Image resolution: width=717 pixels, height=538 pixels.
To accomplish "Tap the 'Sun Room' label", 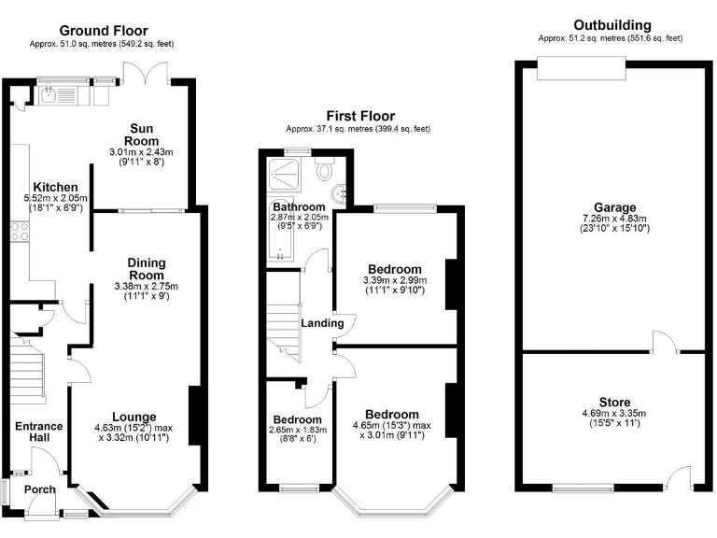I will tap(142, 134).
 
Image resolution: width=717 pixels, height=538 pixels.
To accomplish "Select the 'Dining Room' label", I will tap(146, 269).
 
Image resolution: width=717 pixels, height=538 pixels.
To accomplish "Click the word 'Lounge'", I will tap(134, 417).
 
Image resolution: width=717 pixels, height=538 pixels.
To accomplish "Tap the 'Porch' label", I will tap(40, 489).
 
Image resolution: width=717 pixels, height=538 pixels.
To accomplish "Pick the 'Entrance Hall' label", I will tap(38, 432).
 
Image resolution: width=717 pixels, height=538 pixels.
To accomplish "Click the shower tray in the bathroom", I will tap(284, 175).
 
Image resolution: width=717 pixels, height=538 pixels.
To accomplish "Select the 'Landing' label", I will tap(322, 323).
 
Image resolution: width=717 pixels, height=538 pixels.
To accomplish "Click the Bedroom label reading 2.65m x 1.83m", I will tap(298, 420).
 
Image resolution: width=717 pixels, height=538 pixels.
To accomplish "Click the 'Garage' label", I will tap(613, 207).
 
